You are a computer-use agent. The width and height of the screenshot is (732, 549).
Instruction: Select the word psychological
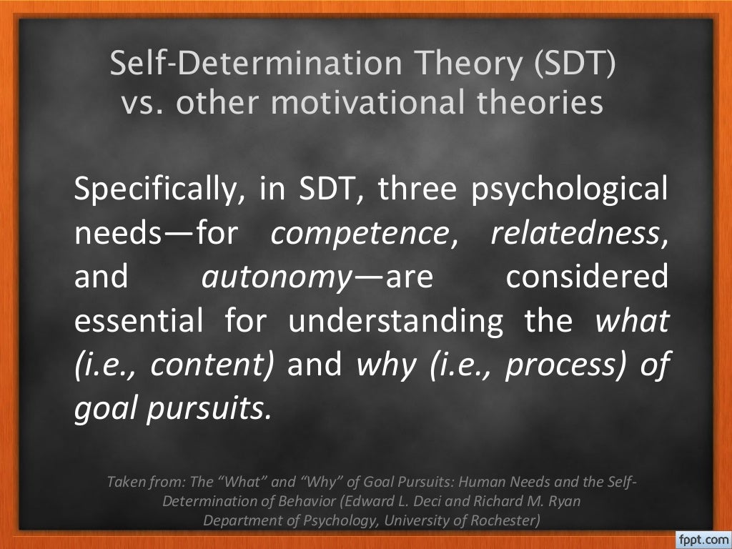(x=570, y=191)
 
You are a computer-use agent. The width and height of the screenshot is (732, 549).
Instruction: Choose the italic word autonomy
(x=252, y=278)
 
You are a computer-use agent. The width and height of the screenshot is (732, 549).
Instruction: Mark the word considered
(x=588, y=278)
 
